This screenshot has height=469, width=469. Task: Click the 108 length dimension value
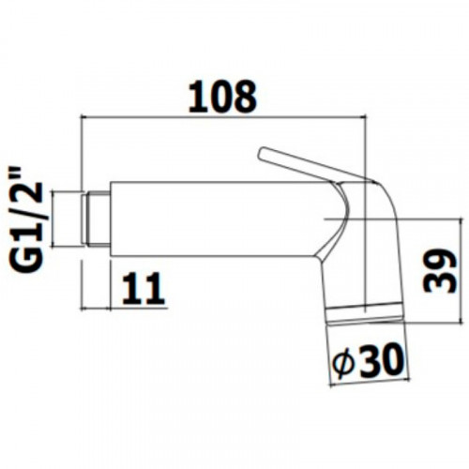coord(222,97)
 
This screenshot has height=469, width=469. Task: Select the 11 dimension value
coord(144,288)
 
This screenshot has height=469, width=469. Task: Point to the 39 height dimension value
coord(439,271)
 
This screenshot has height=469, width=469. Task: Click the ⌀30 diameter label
coord(367,360)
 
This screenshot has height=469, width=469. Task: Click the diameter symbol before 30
coord(343,363)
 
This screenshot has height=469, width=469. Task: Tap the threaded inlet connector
coord(97,219)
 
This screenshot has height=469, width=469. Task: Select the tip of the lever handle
coord(262,152)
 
